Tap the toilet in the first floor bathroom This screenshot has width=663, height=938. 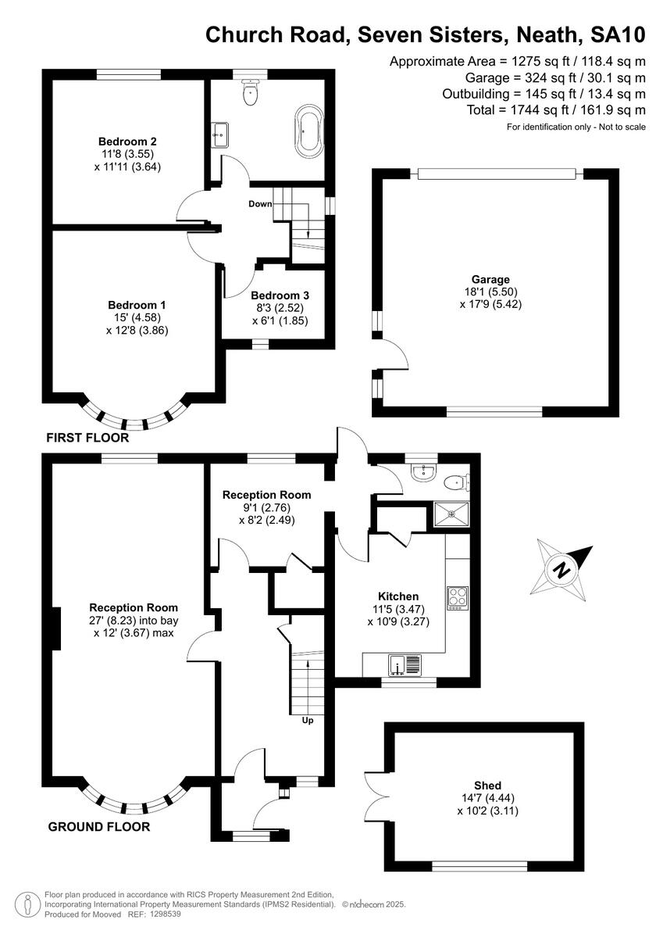click(x=250, y=92)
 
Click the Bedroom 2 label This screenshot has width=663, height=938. click(x=127, y=141)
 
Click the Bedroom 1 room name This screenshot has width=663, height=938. click(x=137, y=305)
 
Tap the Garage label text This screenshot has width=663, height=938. click(x=490, y=279)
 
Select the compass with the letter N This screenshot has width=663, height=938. click(x=560, y=569)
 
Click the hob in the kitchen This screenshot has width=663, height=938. click(x=457, y=598)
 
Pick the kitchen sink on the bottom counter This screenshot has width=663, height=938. click(x=405, y=666)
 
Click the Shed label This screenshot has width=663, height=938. click(x=487, y=786)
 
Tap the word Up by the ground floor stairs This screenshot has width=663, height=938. click(x=308, y=720)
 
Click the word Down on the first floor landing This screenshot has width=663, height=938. click(x=260, y=204)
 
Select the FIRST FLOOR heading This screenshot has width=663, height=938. click(x=87, y=439)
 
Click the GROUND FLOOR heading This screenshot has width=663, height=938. click(x=99, y=827)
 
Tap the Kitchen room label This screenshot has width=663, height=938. click(x=398, y=596)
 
